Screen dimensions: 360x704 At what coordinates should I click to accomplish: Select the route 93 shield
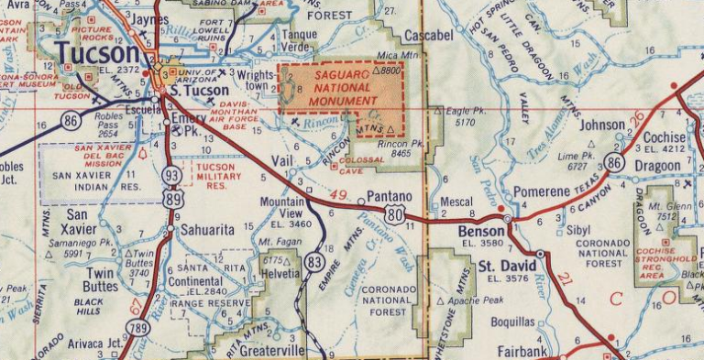coord(170,174)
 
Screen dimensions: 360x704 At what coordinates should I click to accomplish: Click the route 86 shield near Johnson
coord(614,163)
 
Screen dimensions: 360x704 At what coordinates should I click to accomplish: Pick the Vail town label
coord(283,160)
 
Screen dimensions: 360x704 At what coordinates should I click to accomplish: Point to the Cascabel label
coord(427,35)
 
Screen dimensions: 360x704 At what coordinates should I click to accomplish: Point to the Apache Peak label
coord(477,300)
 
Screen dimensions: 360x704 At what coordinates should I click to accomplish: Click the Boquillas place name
coord(512,322)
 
